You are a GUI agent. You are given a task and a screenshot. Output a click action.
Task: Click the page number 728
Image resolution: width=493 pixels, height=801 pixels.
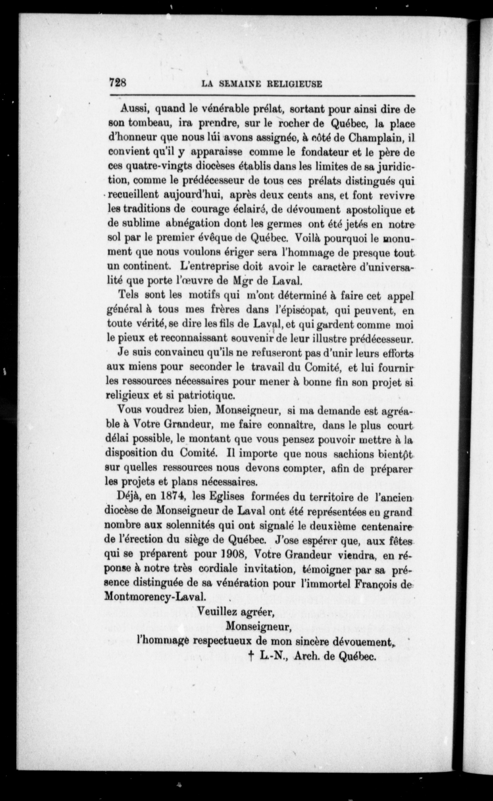118,83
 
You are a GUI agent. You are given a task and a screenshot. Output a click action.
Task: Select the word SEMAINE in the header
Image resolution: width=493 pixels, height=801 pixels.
240,84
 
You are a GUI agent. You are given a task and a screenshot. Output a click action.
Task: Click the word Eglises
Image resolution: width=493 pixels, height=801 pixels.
228,496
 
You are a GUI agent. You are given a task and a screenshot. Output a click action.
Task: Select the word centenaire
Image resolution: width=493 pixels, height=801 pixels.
389,525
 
